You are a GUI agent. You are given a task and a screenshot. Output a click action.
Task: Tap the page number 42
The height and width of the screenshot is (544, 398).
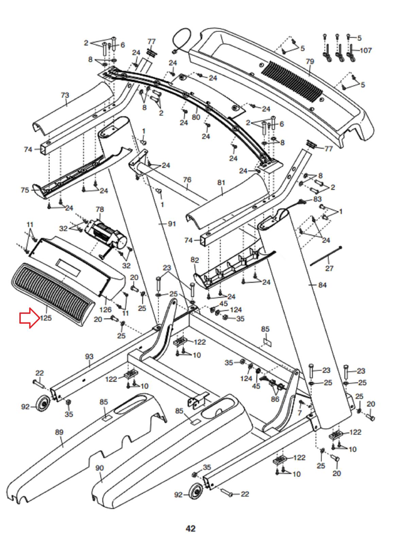tap(191, 528)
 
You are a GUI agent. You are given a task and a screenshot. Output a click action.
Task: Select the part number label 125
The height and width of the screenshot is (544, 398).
tap(46, 318)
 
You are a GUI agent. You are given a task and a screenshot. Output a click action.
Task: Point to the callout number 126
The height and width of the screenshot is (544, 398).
tap(105, 310)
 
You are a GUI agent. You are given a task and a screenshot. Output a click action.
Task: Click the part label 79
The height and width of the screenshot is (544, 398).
tap(310, 62)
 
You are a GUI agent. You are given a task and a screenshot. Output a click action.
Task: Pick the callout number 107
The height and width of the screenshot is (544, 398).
tap(366, 50)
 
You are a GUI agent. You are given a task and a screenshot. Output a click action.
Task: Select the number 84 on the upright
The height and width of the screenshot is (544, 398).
tap(322, 285)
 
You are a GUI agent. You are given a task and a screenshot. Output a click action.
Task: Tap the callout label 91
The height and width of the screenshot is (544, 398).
tap(172, 224)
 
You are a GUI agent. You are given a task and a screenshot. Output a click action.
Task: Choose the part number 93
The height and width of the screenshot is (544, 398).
tap(89, 356)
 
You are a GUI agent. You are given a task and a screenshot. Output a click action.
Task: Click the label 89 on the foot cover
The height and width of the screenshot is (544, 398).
tap(59, 432)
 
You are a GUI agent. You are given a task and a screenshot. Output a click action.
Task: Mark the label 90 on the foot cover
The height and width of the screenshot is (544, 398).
tap(99, 468)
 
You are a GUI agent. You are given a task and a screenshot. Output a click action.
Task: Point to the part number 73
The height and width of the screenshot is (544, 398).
tap(65, 95)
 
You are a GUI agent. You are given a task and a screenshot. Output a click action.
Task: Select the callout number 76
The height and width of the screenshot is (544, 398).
tap(187, 180)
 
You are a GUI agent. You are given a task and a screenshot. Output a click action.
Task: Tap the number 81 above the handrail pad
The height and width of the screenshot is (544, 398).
tap(221, 183)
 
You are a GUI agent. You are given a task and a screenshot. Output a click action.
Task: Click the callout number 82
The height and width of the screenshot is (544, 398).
tap(195, 260)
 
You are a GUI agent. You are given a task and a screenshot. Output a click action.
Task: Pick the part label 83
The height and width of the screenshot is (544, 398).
tap(317, 199)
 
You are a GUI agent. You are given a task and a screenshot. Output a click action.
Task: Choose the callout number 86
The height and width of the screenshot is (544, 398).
tap(275, 399)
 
